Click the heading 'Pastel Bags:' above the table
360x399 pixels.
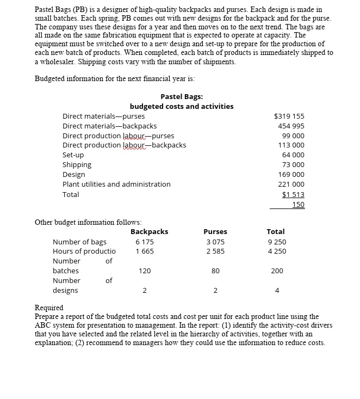click(x=182, y=96)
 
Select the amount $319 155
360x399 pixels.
click(x=289, y=116)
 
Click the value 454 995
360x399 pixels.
click(x=291, y=126)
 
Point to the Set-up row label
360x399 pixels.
click(x=73, y=155)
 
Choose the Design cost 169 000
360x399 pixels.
click(x=291, y=175)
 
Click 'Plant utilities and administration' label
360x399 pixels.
click(x=116, y=185)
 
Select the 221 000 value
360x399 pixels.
click(x=291, y=185)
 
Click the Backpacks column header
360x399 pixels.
click(x=150, y=232)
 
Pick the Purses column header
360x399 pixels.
click(x=215, y=232)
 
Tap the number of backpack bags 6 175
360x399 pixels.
click(x=145, y=242)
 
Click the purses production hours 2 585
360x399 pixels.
click(x=215, y=251)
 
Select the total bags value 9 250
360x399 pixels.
click(x=276, y=242)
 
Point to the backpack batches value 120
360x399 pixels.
click(x=145, y=271)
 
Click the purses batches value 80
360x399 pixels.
click(x=215, y=271)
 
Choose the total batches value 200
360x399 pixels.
click(x=277, y=271)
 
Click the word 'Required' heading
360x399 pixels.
click(x=49, y=308)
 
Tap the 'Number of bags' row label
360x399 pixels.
click(x=79, y=242)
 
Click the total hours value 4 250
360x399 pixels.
click(x=276, y=251)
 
